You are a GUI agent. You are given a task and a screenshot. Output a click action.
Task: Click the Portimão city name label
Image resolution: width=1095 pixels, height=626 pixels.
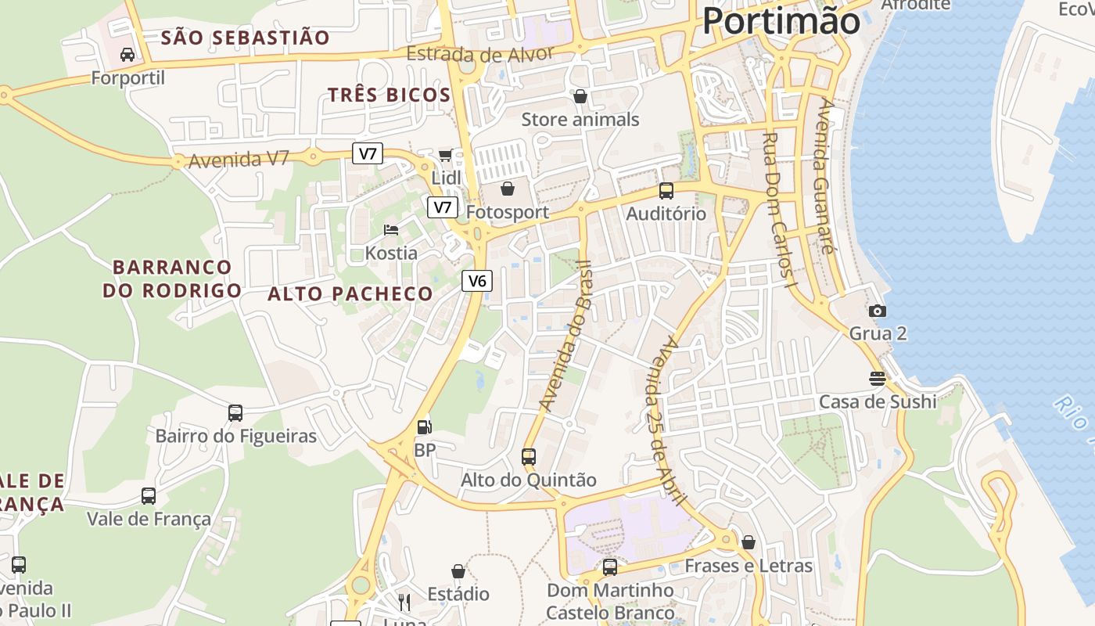click(x=781, y=20)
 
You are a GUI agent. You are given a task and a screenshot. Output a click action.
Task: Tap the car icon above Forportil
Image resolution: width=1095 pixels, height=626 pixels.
click(x=127, y=55)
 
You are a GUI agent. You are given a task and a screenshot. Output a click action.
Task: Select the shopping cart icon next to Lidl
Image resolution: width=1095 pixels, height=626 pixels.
click(x=445, y=155)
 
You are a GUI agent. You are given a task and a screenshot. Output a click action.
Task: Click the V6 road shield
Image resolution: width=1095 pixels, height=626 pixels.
click(x=476, y=281)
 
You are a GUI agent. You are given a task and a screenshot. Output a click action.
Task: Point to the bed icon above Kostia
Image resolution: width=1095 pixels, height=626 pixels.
click(x=391, y=230)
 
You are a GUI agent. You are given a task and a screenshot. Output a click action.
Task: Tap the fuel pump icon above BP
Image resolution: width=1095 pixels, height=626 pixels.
click(x=425, y=427)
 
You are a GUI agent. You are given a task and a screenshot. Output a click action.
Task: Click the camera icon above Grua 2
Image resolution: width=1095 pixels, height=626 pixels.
click(x=878, y=311)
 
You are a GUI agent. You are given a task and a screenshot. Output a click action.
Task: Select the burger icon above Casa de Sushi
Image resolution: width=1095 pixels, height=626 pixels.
click(x=877, y=379)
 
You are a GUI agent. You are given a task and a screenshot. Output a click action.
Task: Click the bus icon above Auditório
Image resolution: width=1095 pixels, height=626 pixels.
click(x=666, y=190)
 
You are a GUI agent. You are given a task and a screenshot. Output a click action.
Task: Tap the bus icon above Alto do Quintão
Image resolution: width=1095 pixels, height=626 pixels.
click(x=529, y=456)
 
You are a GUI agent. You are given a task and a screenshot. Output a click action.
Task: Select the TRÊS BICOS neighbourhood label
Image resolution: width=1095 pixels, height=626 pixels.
click(x=389, y=95)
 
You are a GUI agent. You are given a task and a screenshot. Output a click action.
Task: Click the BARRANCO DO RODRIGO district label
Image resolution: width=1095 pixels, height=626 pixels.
click(x=172, y=279)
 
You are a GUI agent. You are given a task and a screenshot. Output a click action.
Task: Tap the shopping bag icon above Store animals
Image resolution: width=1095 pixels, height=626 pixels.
click(x=580, y=96)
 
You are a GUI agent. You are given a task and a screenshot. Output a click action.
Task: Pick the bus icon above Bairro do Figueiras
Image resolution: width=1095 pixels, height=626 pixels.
click(x=235, y=412)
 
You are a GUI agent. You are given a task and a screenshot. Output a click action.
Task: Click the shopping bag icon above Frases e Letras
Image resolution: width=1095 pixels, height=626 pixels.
click(x=749, y=541)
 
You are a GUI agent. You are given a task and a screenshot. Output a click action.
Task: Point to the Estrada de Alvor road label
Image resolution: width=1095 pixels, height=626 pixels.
click(x=480, y=54)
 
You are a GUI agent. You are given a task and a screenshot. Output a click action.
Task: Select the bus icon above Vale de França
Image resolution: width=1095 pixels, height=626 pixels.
click(x=149, y=495)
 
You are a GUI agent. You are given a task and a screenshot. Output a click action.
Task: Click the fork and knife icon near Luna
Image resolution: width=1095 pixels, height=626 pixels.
click(x=404, y=602)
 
